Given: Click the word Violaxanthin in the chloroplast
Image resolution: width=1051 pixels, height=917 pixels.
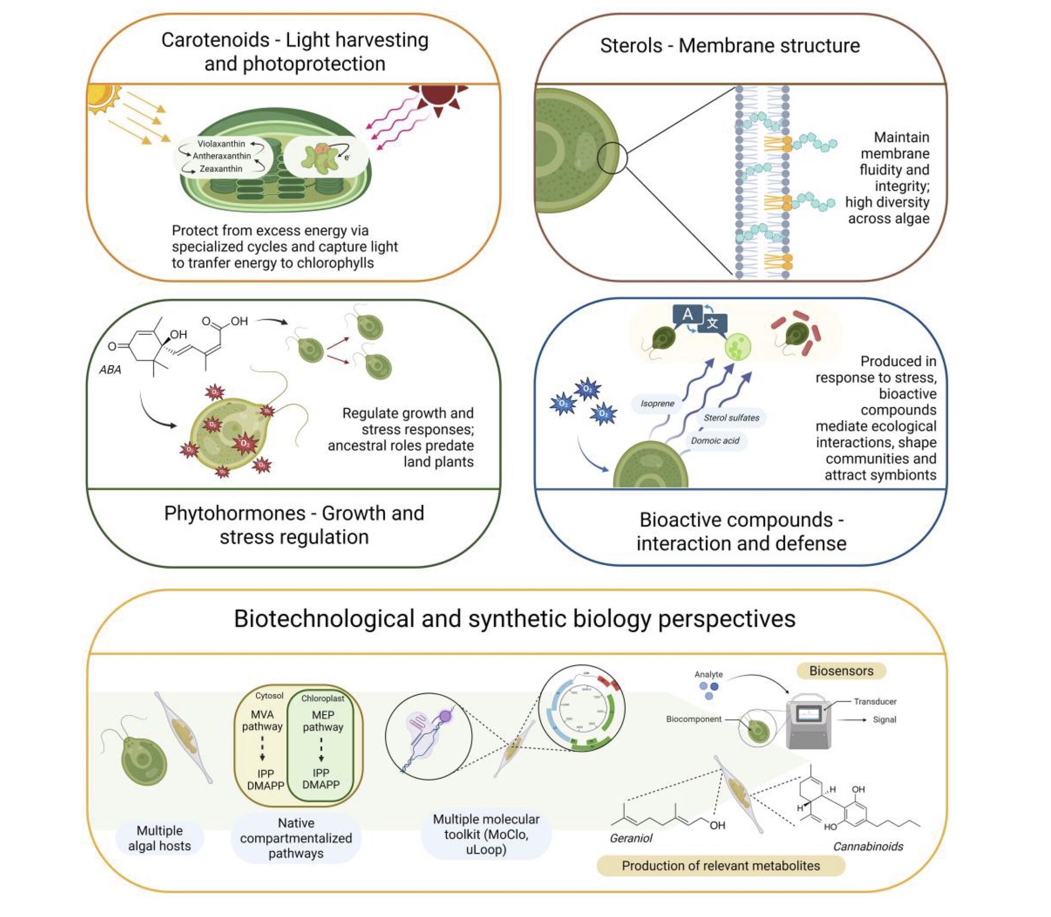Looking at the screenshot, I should (221, 144).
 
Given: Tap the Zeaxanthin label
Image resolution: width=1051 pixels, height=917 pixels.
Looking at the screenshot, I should (221, 169).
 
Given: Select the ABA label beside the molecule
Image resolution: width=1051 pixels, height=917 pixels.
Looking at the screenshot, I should (110, 370).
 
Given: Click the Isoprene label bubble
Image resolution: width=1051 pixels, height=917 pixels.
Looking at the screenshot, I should (657, 404).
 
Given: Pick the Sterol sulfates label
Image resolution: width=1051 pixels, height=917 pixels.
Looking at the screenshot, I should (731, 418).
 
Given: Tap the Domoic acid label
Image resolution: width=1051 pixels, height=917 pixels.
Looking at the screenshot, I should (715, 441).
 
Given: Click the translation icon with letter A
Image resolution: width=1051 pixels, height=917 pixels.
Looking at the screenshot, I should (688, 315).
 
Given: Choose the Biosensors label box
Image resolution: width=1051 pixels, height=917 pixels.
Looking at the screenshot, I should (841, 671).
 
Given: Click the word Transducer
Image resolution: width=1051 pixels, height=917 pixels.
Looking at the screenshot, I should (875, 701).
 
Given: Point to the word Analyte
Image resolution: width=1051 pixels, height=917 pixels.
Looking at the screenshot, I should (708, 674).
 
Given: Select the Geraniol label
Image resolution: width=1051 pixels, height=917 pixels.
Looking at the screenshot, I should (631, 838).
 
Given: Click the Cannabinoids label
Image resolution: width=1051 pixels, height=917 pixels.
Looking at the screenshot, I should (868, 847).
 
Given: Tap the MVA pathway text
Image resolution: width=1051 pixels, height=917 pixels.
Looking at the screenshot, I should (262, 721).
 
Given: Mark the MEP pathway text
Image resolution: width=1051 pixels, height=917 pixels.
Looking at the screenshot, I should (323, 721).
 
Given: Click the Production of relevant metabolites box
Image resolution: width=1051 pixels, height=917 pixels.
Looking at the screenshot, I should (720, 866).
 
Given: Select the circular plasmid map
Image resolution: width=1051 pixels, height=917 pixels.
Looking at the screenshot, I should (582, 708).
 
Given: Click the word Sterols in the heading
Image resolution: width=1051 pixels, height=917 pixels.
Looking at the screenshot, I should (630, 46).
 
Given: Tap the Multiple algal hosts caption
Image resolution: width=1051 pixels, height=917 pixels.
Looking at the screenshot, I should (159, 838).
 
